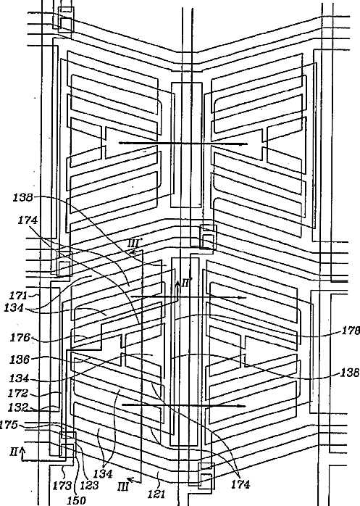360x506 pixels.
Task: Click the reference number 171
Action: tap(18, 295)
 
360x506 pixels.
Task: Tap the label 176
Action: tap(20, 338)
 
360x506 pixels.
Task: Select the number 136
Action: tap(20, 359)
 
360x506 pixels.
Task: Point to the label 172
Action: tap(19, 393)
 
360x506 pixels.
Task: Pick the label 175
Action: tap(9, 425)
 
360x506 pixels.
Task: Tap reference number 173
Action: tap(62, 485)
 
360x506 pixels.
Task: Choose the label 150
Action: tap(77, 500)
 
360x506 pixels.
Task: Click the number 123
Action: tap(88, 485)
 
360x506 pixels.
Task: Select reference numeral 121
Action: tap(156, 494)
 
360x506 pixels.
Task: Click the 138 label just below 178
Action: tap(351, 373)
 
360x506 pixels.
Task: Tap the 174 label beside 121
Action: tap(240, 484)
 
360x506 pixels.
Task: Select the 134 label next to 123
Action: tap(103, 473)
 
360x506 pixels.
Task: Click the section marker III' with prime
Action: tap(133, 244)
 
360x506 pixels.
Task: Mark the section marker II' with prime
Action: tap(186, 283)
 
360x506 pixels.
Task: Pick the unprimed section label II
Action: tap(14, 452)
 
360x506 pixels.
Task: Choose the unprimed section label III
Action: tap(123, 486)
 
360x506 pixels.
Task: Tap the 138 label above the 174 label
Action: tap(22, 197)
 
